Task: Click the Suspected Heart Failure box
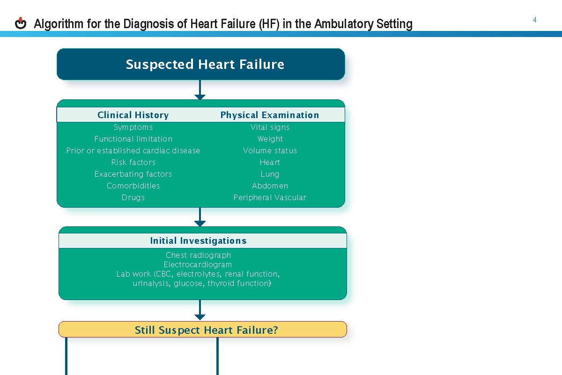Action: (x=200, y=64)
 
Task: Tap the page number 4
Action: (x=535, y=20)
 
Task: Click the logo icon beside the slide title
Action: (x=21, y=23)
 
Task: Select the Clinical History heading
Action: (x=133, y=115)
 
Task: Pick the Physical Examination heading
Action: (x=270, y=115)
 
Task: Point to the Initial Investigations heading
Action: (x=198, y=241)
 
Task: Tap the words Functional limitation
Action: (x=133, y=139)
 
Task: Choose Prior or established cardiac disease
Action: (x=133, y=151)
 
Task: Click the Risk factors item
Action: (x=133, y=163)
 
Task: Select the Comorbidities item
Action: (x=133, y=186)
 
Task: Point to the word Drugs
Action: (x=133, y=198)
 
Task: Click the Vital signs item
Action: (x=270, y=127)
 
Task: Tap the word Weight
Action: (x=270, y=139)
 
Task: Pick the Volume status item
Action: (x=270, y=151)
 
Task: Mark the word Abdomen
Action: (x=270, y=186)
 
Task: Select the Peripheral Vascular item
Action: (x=270, y=198)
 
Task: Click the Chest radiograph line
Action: (x=199, y=255)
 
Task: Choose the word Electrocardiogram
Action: (x=198, y=265)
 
